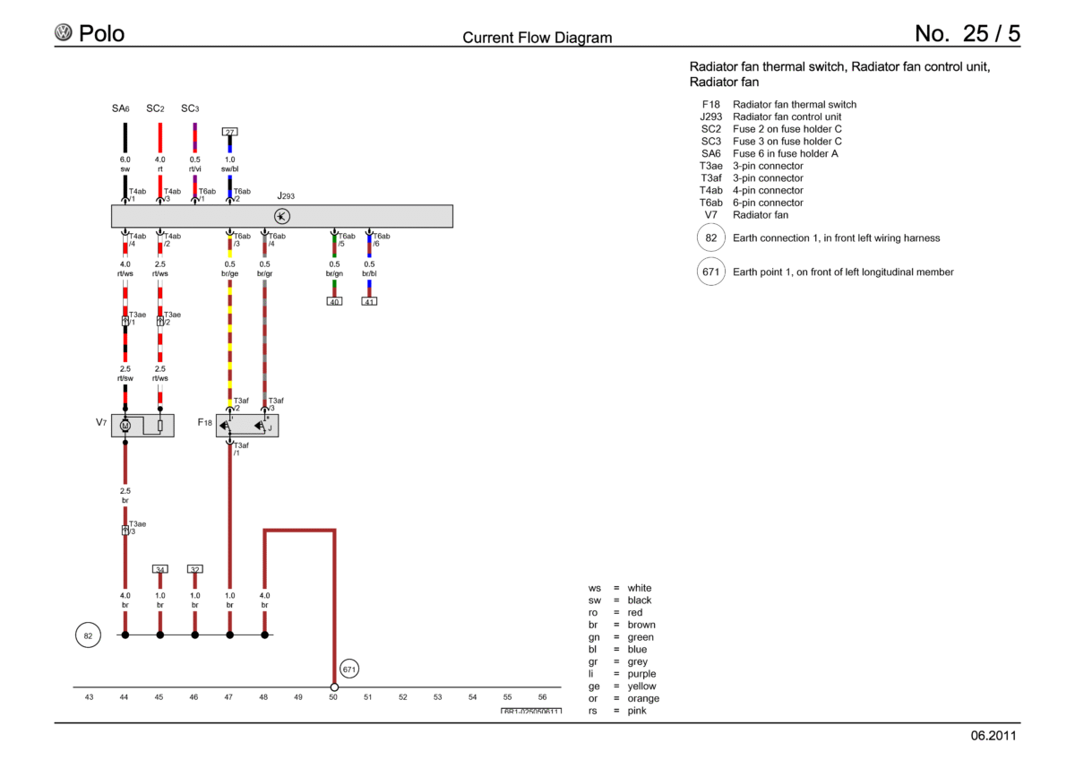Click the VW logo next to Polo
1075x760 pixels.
63,32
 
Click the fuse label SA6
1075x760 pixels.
120,108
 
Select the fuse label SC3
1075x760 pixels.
190,108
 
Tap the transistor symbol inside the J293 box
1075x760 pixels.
281,217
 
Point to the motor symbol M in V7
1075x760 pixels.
125,426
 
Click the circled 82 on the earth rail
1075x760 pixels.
88,635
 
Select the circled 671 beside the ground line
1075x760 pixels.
348,669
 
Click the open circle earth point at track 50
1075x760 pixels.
334,687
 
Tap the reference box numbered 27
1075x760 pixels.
230,132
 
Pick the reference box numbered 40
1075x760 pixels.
334,301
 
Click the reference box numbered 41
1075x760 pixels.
369,301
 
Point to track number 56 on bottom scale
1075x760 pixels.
542,697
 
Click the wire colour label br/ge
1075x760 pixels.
230,273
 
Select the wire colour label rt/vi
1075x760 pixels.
195,169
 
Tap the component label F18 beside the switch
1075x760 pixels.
205,422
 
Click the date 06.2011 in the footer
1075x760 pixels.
993,736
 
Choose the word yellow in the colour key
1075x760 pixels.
641,687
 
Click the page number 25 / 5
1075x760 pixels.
992,33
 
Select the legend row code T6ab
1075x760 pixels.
710,203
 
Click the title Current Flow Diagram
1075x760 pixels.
537,38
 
